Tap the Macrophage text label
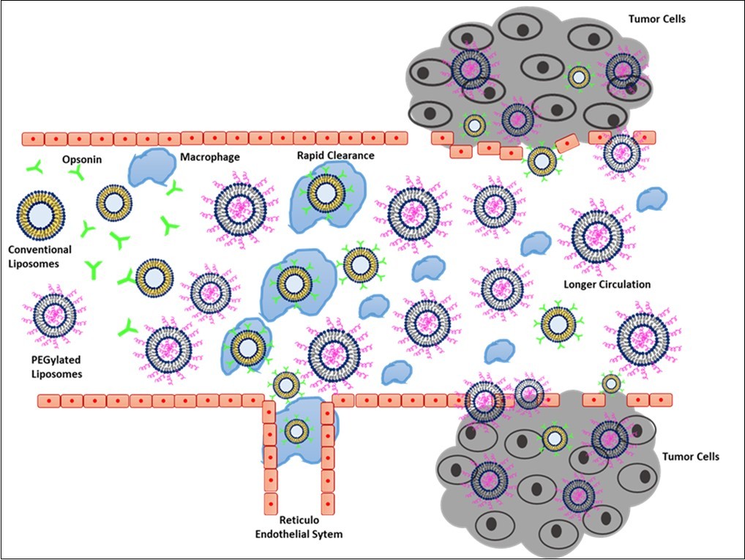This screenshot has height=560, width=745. click(x=209, y=156)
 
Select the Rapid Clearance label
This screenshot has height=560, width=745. click(x=336, y=155)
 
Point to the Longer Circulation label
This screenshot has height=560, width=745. click(x=607, y=284)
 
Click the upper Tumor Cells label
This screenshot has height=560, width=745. click(x=656, y=18)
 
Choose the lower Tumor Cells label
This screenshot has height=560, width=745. click(x=691, y=457)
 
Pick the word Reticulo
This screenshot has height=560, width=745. click(x=298, y=520)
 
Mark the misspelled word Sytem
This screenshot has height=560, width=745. click(x=326, y=534)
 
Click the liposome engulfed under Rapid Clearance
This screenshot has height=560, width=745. click(x=326, y=193)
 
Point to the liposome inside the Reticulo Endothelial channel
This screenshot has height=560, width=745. click(x=296, y=431)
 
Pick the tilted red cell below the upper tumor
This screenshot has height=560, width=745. click(x=567, y=143)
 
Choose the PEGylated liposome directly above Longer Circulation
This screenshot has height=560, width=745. click(x=598, y=236)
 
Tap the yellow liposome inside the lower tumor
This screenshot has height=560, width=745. click(x=554, y=438)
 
